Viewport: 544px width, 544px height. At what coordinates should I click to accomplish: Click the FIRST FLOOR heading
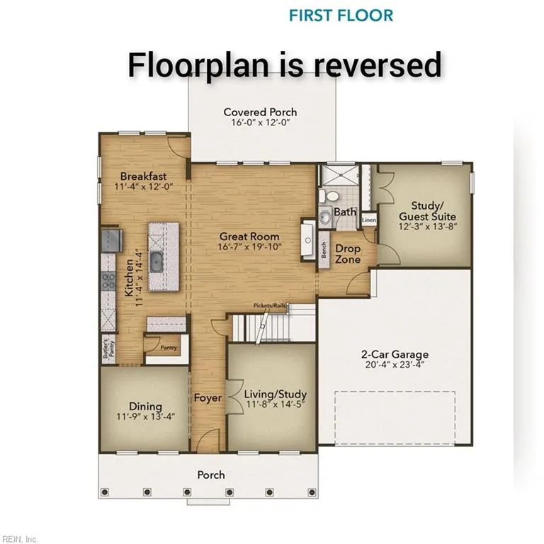pyautogui.click(x=341, y=15)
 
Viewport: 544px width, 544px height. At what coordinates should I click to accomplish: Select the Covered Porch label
pyautogui.click(x=260, y=112)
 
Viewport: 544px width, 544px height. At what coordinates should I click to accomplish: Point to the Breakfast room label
pyautogui.click(x=143, y=176)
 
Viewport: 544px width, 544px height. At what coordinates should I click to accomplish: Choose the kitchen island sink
pyautogui.click(x=160, y=263)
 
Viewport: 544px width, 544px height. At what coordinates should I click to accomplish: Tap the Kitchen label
pyautogui.click(x=129, y=278)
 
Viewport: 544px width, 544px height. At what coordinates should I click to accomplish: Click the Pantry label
pyautogui.click(x=168, y=348)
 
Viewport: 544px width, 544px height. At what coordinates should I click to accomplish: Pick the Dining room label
pyautogui.click(x=145, y=406)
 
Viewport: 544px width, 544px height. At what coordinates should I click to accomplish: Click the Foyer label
pyautogui.click(x=208, y=398)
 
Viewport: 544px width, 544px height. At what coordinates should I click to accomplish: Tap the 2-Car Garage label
pyautogui.click(x=395, y=354)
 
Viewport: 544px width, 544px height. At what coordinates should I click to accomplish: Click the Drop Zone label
pyautogui.click(x=348, y=254)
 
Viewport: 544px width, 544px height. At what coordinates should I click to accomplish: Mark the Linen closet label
pyautogui.click(x=368, y=220)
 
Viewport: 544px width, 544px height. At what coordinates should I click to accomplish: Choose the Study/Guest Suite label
pyautogui.click(x=427, y=210)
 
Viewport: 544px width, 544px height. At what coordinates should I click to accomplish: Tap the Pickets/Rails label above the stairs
pyautogui.click(x=271, y=306)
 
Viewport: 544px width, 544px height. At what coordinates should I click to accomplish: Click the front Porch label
pyautogui.click(x=211, y=475)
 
